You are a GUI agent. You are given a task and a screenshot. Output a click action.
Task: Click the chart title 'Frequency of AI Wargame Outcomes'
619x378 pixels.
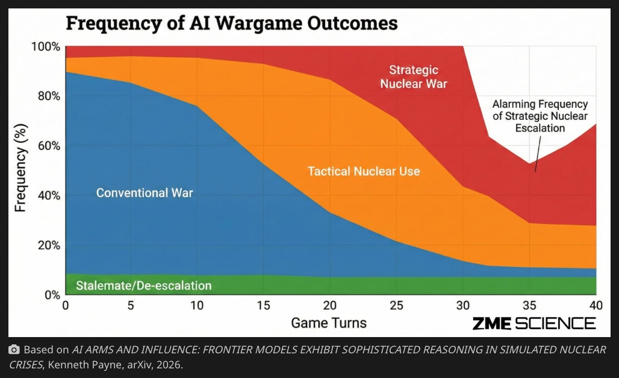click(231, 23)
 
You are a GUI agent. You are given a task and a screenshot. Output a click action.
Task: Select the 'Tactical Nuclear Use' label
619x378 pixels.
click(364, 172)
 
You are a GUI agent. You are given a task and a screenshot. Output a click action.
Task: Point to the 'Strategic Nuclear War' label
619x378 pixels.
click(414, 77)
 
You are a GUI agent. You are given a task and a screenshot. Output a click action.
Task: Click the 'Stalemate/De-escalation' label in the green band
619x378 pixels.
click(144, 285)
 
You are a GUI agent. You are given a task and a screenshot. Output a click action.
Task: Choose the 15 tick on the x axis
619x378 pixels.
click(264, 306)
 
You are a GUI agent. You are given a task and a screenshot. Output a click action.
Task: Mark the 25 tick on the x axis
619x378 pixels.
click(396, 306)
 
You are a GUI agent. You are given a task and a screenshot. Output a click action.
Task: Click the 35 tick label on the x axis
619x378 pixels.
click(529, 306)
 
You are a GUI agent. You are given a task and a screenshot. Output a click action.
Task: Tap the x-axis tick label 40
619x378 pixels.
click(595, 306)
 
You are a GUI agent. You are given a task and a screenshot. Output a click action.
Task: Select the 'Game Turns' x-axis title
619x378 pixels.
click(328, 323)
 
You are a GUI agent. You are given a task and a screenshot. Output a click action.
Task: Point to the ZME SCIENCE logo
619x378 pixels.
click(533, 323)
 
